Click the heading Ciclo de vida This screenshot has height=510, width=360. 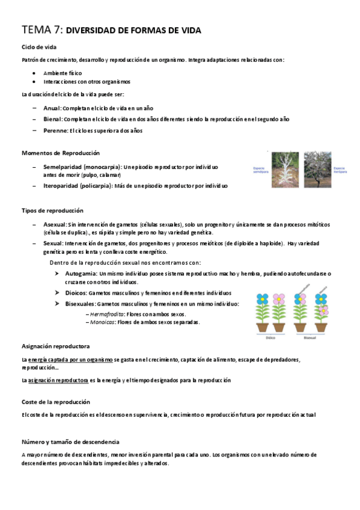click(39, 47)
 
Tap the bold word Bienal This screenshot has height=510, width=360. click(53, 119)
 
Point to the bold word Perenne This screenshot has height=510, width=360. click(55, 131)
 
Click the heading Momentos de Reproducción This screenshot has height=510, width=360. click(60, 153)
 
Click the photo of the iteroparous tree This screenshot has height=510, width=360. click(317, 170)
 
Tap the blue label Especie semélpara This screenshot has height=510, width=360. click(260, 170)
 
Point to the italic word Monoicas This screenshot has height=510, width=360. click(100, 322)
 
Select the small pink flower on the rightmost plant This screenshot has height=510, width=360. click(325, 310)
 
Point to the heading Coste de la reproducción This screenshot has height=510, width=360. click(56, 401)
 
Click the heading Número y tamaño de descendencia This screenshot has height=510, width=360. click(70, 441)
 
